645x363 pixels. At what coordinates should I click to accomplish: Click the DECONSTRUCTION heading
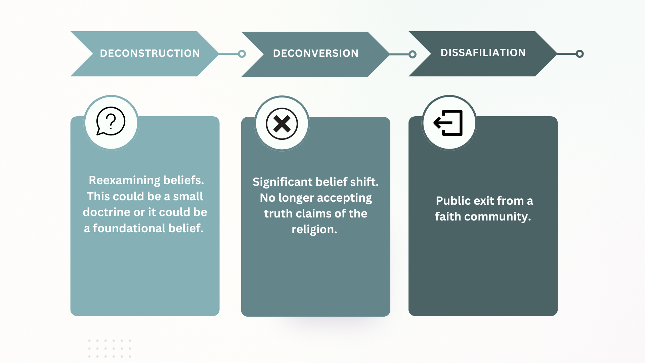pyautogui.click(x=150, y=53)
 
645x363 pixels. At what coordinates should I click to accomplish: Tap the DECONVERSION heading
pyautogui.click(x=315, y=53)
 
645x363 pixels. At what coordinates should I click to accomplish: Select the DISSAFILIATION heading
pyautogui.click(x=483, y=53)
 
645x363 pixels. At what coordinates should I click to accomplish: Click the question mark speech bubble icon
pyautogui.click(x=111, y=122)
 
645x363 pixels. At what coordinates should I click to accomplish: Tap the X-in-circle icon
pyautogui.click(x=282, y=124)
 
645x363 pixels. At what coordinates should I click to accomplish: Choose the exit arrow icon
pyautogui.click(x=449, y=123)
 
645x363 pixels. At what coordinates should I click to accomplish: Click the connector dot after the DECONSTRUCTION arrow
pyautogui.click(x=242, y=54)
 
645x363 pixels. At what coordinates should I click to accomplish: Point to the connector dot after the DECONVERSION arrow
pyautogui.click(x=413, y=54)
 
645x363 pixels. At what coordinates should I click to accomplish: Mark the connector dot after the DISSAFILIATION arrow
pyautogui.click(x=579, y=54)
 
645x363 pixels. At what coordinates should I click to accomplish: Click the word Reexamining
pyautogui.click(x=124, y=180)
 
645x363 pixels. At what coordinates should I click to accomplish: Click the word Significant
pyautogui.click(x=282, y=182)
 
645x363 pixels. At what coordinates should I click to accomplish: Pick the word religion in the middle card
pyautogui.click(x=314, y=230)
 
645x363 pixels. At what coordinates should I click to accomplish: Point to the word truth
pyautogui.click(x=278, y=214)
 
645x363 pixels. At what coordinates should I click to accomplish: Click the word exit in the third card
pyautogui.click(x=484, y=201)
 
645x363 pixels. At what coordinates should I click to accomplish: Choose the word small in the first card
pyautogui.click(x=188, y=197)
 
